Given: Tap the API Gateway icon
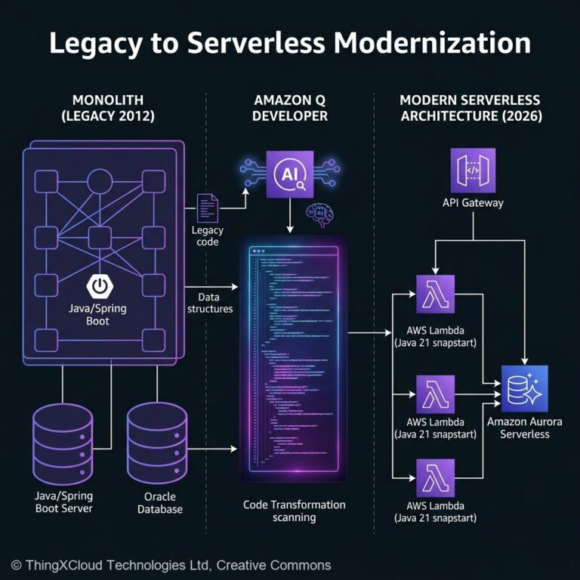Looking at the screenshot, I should tap(473, 171).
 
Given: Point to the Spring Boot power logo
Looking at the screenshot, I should tap(99, 285).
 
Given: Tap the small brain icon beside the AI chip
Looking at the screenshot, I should tap(319, 215).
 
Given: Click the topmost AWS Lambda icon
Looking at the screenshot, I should tap(435, 294).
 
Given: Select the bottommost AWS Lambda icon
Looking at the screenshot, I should tap(435, 477).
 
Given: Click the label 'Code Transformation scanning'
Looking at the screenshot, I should tap(295, 511).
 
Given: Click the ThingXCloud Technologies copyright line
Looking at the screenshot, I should tap(171, 565).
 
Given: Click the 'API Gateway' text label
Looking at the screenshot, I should tap(473, 203).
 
